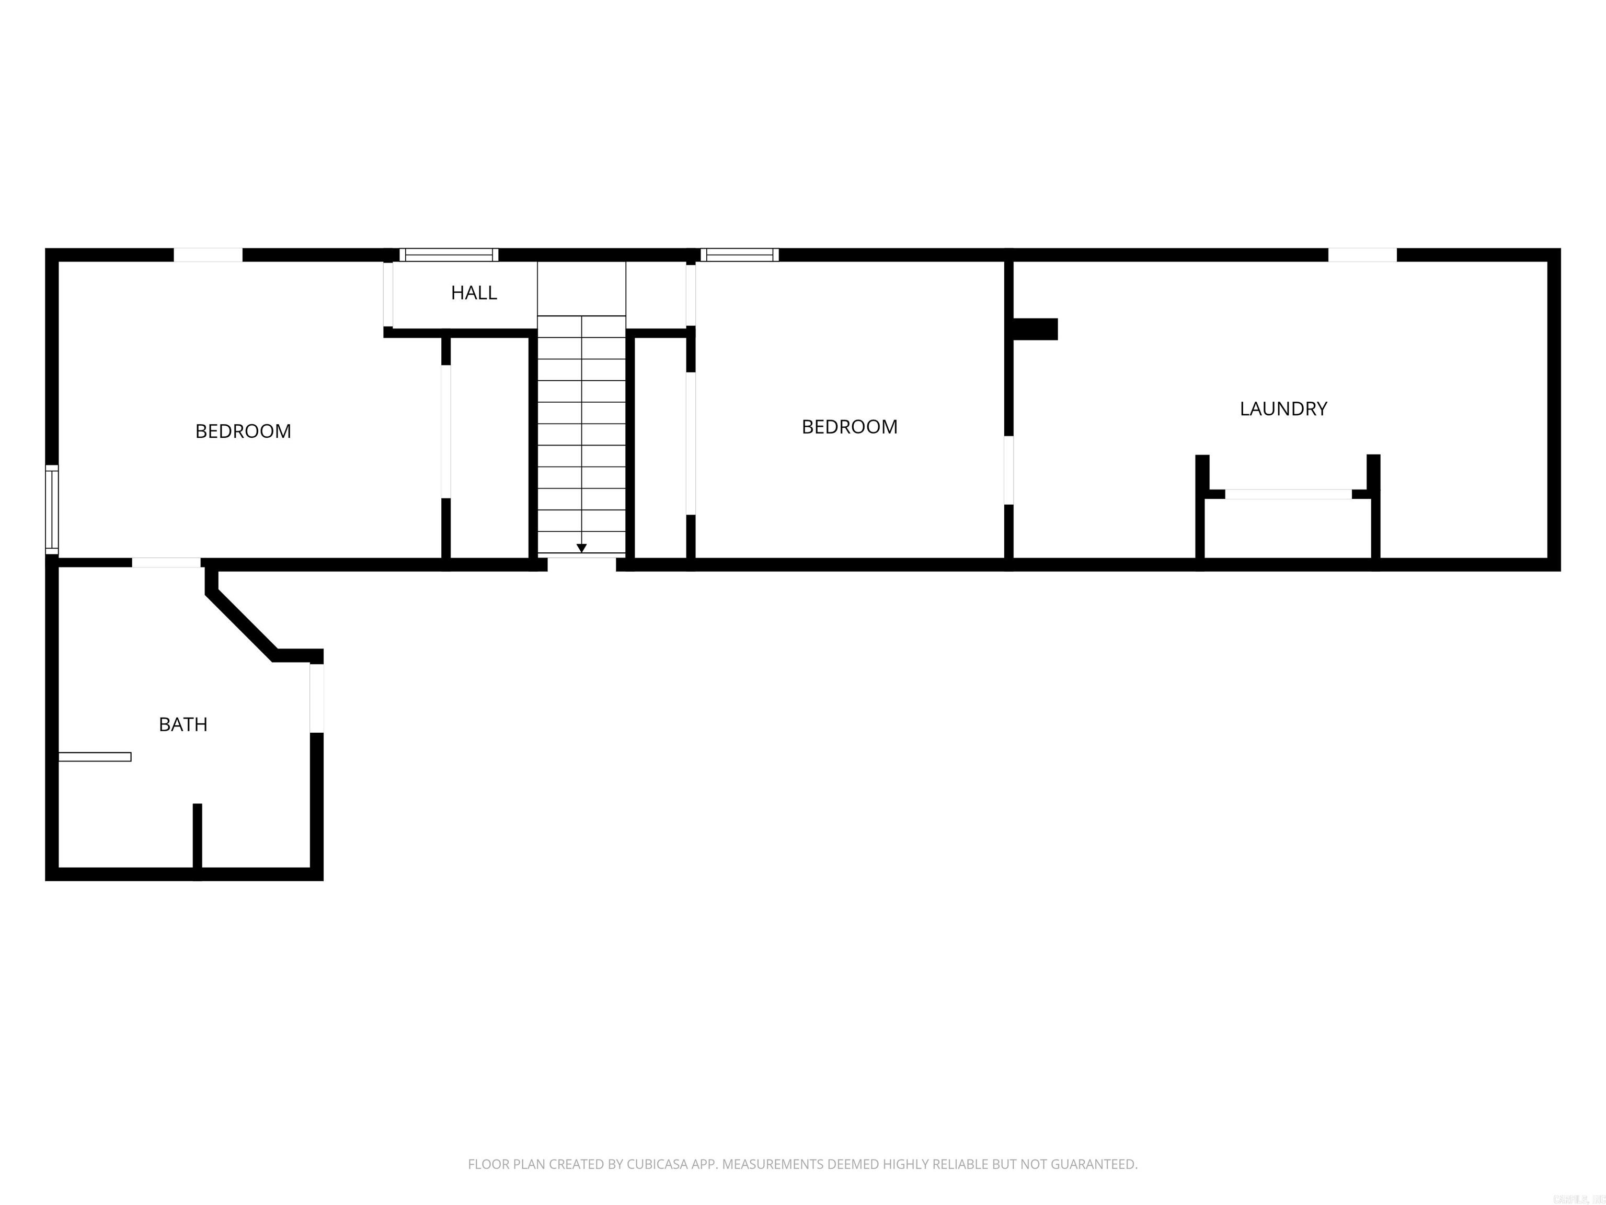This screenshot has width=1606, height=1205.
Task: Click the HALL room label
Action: pyautogui.click(x=473, y=293)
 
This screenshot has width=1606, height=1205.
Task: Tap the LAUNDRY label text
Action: pyautogui.click(x=1283, y=409)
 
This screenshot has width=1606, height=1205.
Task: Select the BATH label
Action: pyautogui.click(x=183, y=724)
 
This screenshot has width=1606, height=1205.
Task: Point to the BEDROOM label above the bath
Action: pyautogui.click(x=243, y=431)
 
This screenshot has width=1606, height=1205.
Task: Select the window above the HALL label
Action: pyautogui.click(x=449, y=255)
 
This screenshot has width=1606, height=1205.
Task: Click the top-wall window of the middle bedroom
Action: pyautogui.click(x=739, y=255)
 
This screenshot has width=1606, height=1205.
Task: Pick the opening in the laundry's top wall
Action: pyautogui.click(x=1361, y=255)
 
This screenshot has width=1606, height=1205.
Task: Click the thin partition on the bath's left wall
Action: pyautogui.click(x=95, y=757)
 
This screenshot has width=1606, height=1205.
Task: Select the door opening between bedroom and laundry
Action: pyautogui.click(x=1008, y=470)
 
